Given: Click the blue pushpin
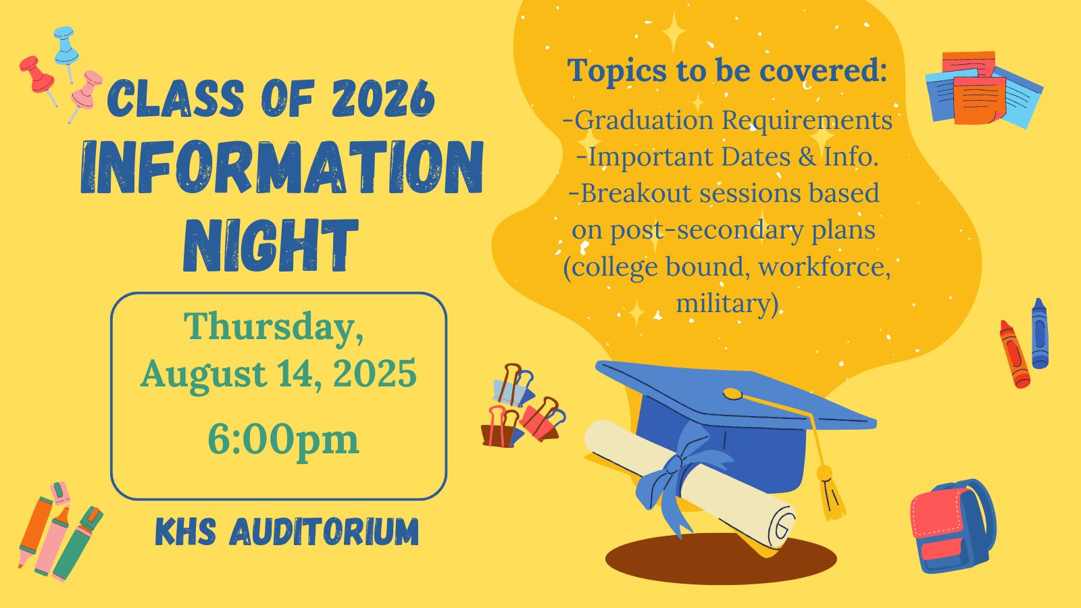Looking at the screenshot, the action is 67,48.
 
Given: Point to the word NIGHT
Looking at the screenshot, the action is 271,246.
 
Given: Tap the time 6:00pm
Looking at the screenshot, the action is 283,439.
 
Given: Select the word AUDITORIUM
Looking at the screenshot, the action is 324,532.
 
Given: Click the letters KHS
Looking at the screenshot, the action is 186,532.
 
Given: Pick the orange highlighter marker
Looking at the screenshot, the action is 36,531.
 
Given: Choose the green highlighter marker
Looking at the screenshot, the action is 78,543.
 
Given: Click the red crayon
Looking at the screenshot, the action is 1014,354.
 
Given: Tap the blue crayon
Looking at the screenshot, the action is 1040,334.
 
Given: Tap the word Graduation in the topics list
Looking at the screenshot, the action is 644,121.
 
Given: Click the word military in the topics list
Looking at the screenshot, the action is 727,304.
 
